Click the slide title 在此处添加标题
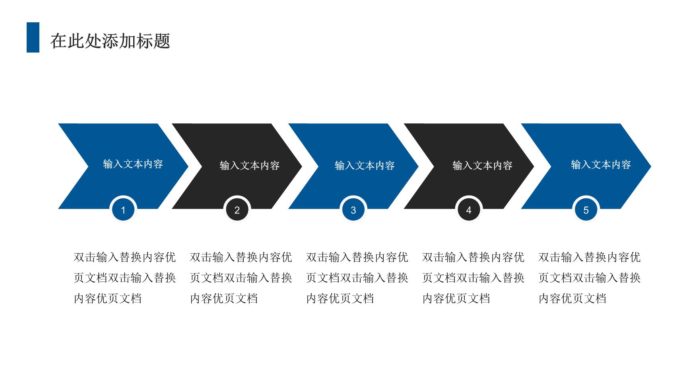[x=110, y=41]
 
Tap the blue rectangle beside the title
[x=33, y=37]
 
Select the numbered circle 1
[x=123, y=210]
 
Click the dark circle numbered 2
[x=237, y=210]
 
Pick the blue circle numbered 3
[x=353, y=210]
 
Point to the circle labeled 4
[x=469, y=210]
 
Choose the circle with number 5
[x=586, y=210]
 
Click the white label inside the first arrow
[x=133, y=164]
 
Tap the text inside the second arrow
[x=250, y=165]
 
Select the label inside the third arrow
[x=365, y=165]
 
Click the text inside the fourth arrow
[x=483, y=165]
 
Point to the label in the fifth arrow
[x=601, y=164]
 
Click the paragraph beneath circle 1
[x=125, y=278]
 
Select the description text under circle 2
[x=241, y=278]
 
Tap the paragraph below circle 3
[x=357, y=278]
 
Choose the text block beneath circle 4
[x=473, y=278]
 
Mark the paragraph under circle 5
[x=590, y=278]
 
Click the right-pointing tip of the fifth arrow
[x=651, y=166]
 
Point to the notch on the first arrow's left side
[x=88, y=166]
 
